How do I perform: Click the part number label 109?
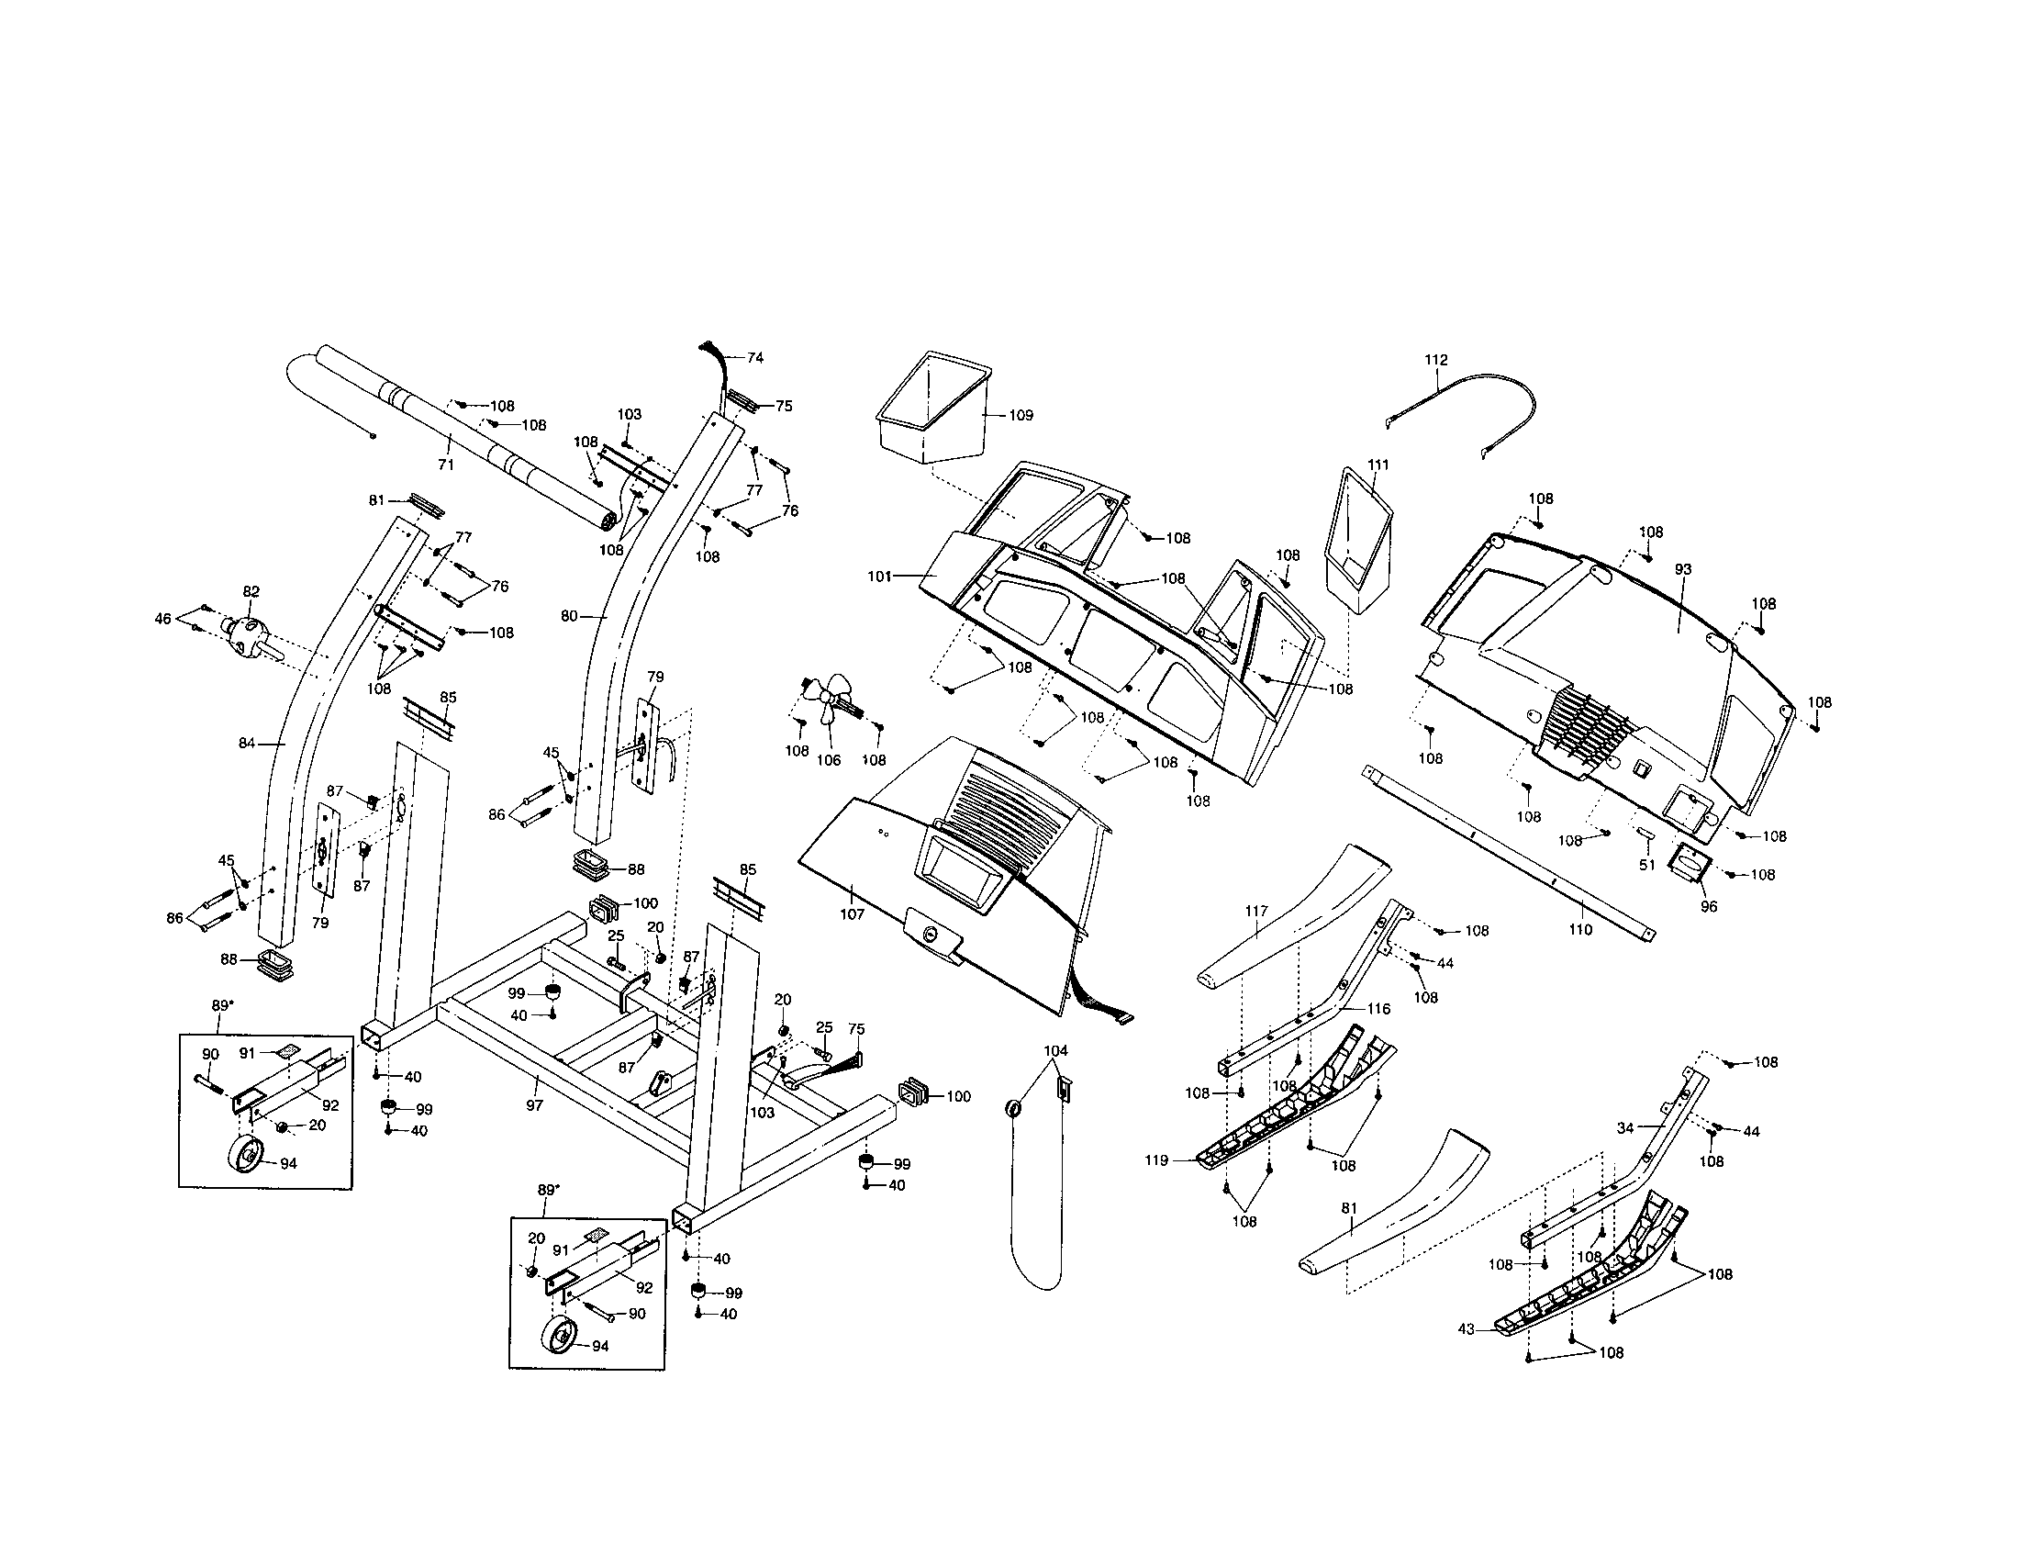pos(1021,415)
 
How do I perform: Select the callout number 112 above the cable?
pos(1435,360)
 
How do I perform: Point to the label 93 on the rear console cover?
pos(1682,569)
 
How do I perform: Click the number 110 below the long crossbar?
pos(1581,929)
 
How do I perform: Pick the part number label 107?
pos(852,914)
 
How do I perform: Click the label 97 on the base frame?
pos(534,1105)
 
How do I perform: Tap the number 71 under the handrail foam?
pos(446,465)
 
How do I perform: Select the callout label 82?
pos(251,592)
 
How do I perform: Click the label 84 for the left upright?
pos(246,743)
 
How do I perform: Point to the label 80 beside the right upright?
pos(570,615)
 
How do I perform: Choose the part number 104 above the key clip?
pos(1055,1051)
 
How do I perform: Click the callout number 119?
pos(1156,1160)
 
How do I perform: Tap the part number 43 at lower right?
pos(1467,1328)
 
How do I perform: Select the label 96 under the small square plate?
pos(1709,907)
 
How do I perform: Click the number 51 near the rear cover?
pos(1646,866)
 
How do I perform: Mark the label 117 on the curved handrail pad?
pos(1256,911)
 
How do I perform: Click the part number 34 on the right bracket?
pos(1626,1127)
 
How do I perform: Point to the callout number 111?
pos(1378,465)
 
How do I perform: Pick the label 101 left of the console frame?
pos(879,576)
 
